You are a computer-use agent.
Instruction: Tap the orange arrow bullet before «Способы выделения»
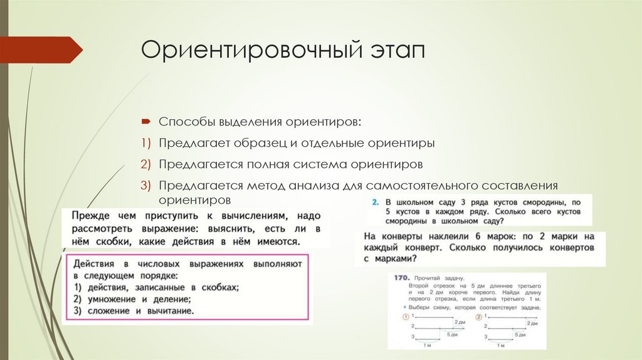[145, 120]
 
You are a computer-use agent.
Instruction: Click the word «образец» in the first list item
[259, 143]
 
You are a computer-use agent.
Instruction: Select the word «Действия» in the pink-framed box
[95, 264]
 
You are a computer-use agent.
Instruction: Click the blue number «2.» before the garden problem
[375, 203]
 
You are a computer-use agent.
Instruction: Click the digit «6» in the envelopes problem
[480, 236]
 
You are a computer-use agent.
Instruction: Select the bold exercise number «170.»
[402, 277]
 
